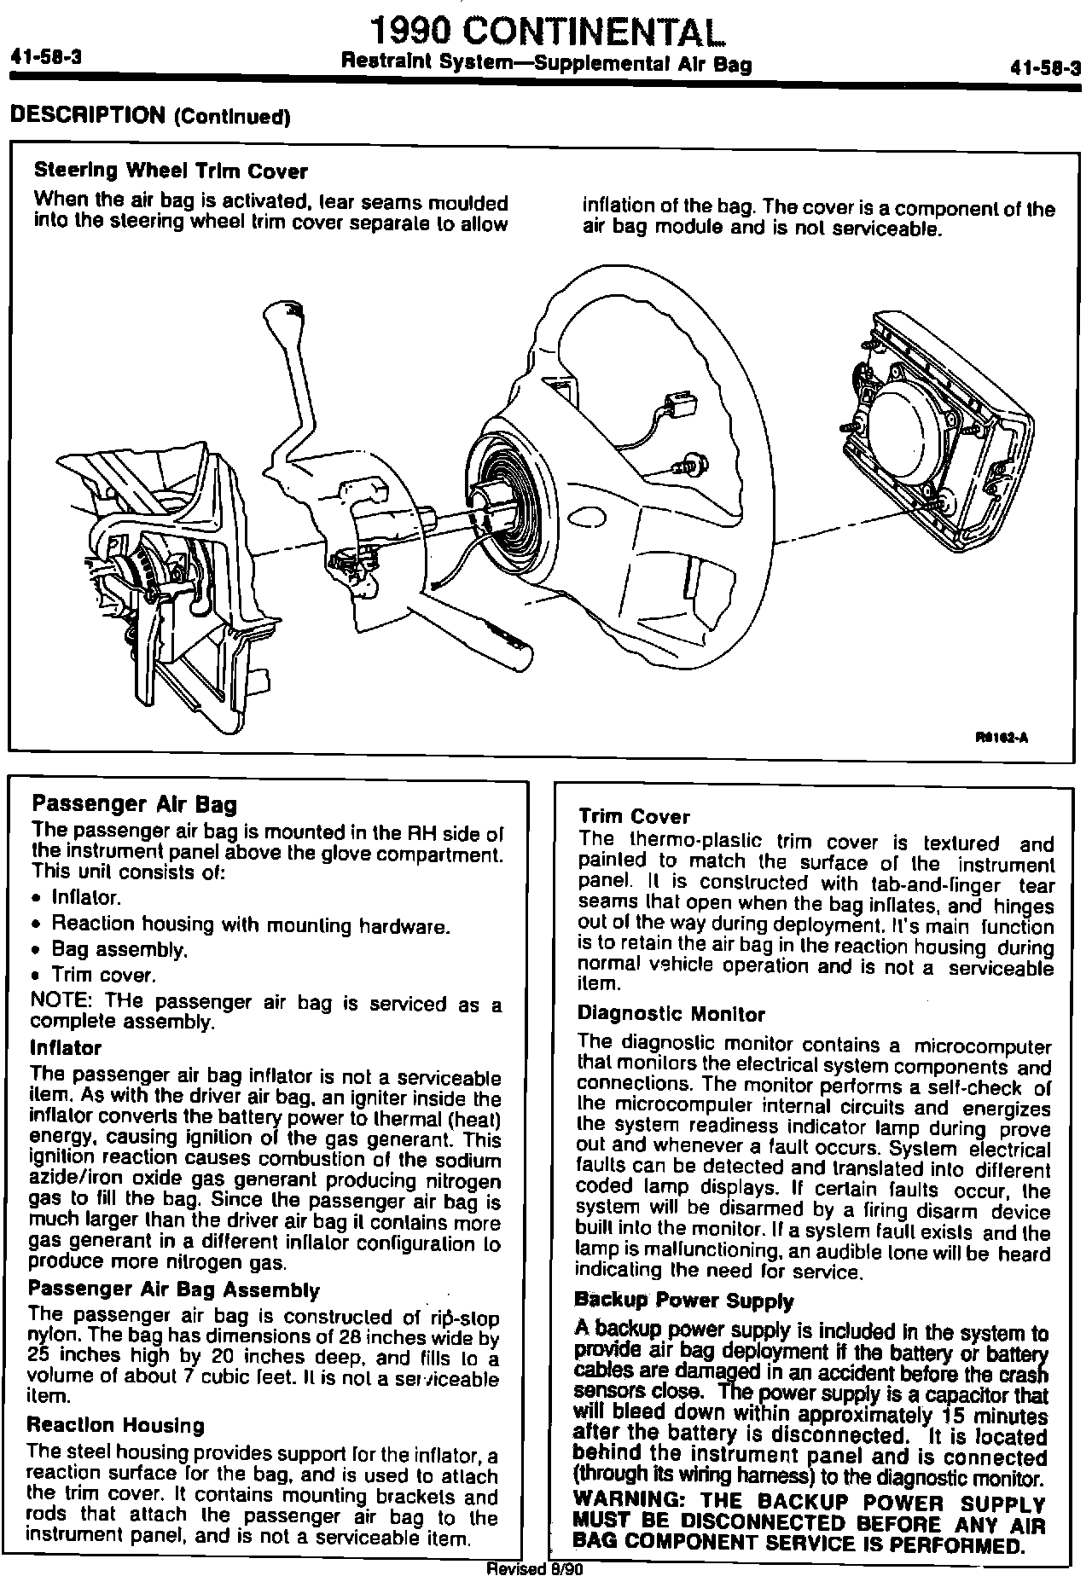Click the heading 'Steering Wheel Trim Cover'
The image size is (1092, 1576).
click(x=170, y=171)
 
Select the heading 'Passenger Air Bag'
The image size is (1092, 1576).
click(x=134, y=804)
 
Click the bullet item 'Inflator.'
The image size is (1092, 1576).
click(x=86, y=898)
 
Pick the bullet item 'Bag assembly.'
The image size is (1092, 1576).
click(x=119, y=948)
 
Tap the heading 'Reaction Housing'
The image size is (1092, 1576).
click(x=116, y=1425)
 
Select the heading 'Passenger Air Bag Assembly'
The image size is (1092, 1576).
click(x=174, y=1290)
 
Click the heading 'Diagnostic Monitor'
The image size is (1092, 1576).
click(x=671, y=1014)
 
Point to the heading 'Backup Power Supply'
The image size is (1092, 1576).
click(x=684, y=1301)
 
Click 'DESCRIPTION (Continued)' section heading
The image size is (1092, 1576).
click(x=149, y=115)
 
